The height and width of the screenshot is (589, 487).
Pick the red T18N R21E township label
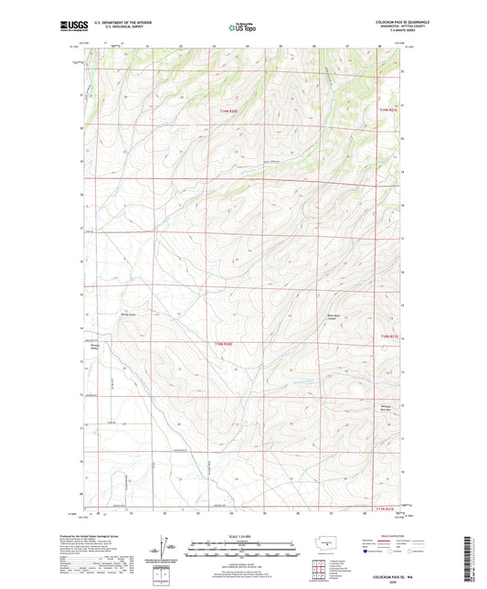click(389, 339)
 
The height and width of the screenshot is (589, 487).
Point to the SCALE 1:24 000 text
click(242, 537)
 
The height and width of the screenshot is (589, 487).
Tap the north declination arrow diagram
click(166, 549)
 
